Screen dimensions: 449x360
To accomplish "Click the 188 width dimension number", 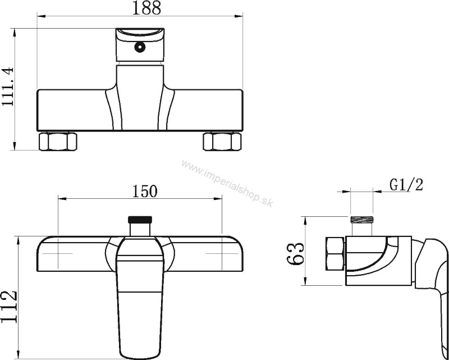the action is [x=146, y=8].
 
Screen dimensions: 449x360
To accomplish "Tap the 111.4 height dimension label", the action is [x=8, y=86].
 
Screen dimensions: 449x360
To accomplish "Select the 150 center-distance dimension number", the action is [x=145, y=192].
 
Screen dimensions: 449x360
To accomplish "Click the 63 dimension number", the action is [x=295, y=254].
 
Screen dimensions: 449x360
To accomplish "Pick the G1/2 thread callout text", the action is [x=406, y=185].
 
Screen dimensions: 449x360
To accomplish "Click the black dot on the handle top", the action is [x=140, y=47].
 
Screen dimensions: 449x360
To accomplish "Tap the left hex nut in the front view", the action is [x=58, y=141].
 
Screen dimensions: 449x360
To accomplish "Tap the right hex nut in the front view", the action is [x=222, y=141].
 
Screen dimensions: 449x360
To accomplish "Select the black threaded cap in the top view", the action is [x=140, y=220].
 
